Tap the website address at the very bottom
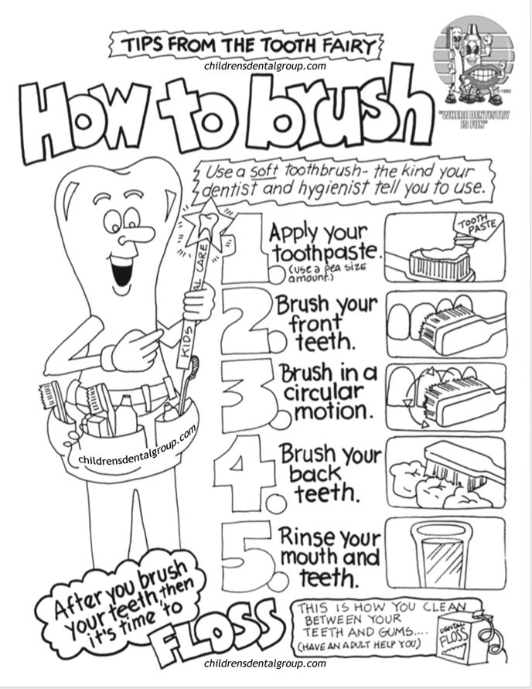click(265, 663)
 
